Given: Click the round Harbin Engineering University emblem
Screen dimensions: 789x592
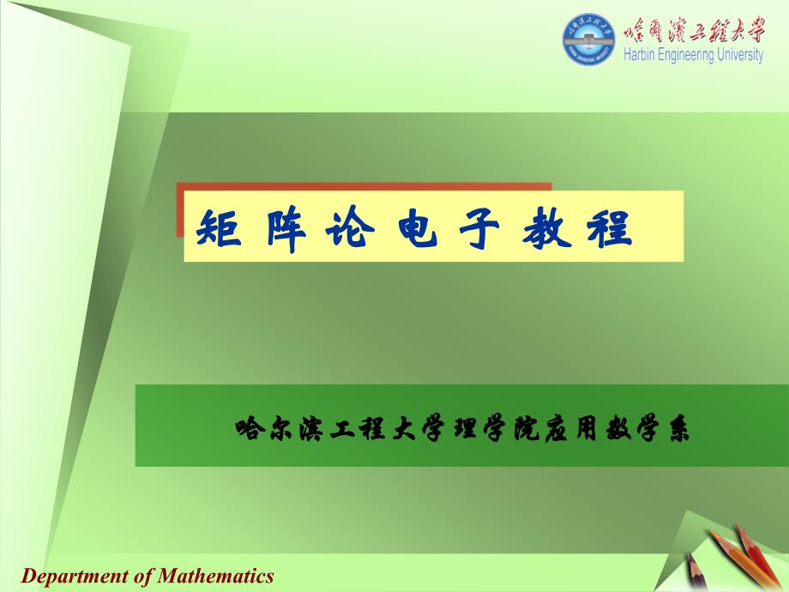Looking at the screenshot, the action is pos(588,39).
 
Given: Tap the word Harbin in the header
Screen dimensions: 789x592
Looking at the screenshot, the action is pos(639,54).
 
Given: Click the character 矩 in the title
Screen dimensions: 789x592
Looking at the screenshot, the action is pos(219,227).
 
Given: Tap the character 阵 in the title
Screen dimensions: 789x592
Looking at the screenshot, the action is pos(286,228).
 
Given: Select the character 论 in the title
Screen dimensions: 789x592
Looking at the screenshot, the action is pos(350,227).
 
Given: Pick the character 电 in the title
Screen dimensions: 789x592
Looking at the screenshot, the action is pos(418,227).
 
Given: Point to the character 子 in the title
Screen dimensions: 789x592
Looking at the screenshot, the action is pos(480,228).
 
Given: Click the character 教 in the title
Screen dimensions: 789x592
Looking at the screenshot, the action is pos(547,228).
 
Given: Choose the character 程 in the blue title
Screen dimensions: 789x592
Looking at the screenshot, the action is pos(610,228).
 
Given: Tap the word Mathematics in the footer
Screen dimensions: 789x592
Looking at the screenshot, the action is pos(216,575).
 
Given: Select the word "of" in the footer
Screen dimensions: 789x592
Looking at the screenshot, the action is pos(143,576).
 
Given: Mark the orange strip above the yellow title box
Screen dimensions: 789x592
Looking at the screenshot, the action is pos(364,187).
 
